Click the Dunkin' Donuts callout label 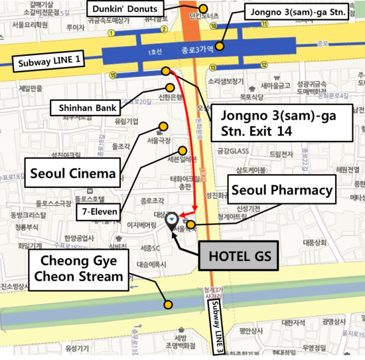[125, 9]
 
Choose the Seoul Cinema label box [73, 175]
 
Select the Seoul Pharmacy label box [281, 191]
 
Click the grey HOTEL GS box [236, 255]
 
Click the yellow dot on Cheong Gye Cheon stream [169, 305]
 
